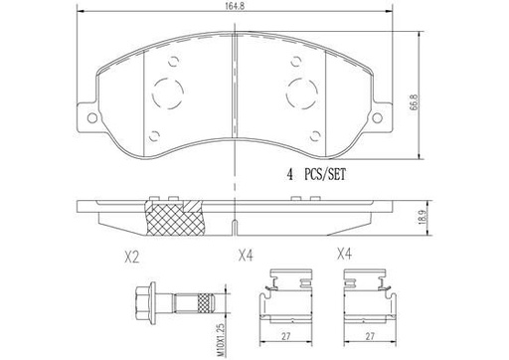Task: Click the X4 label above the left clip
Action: [x=246, y=255]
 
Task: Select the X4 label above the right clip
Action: [x=346, y=255]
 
